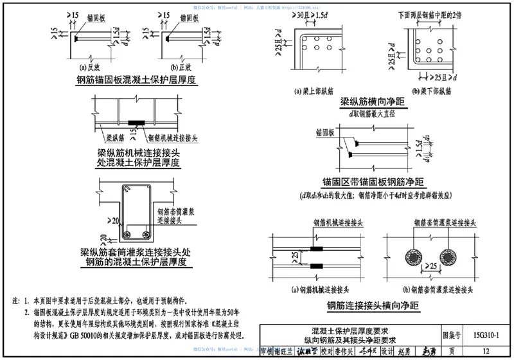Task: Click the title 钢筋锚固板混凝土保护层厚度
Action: pyautogui.click(x=135, y=80)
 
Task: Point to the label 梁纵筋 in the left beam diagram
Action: pyautogui.click(x=115, y=136)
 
